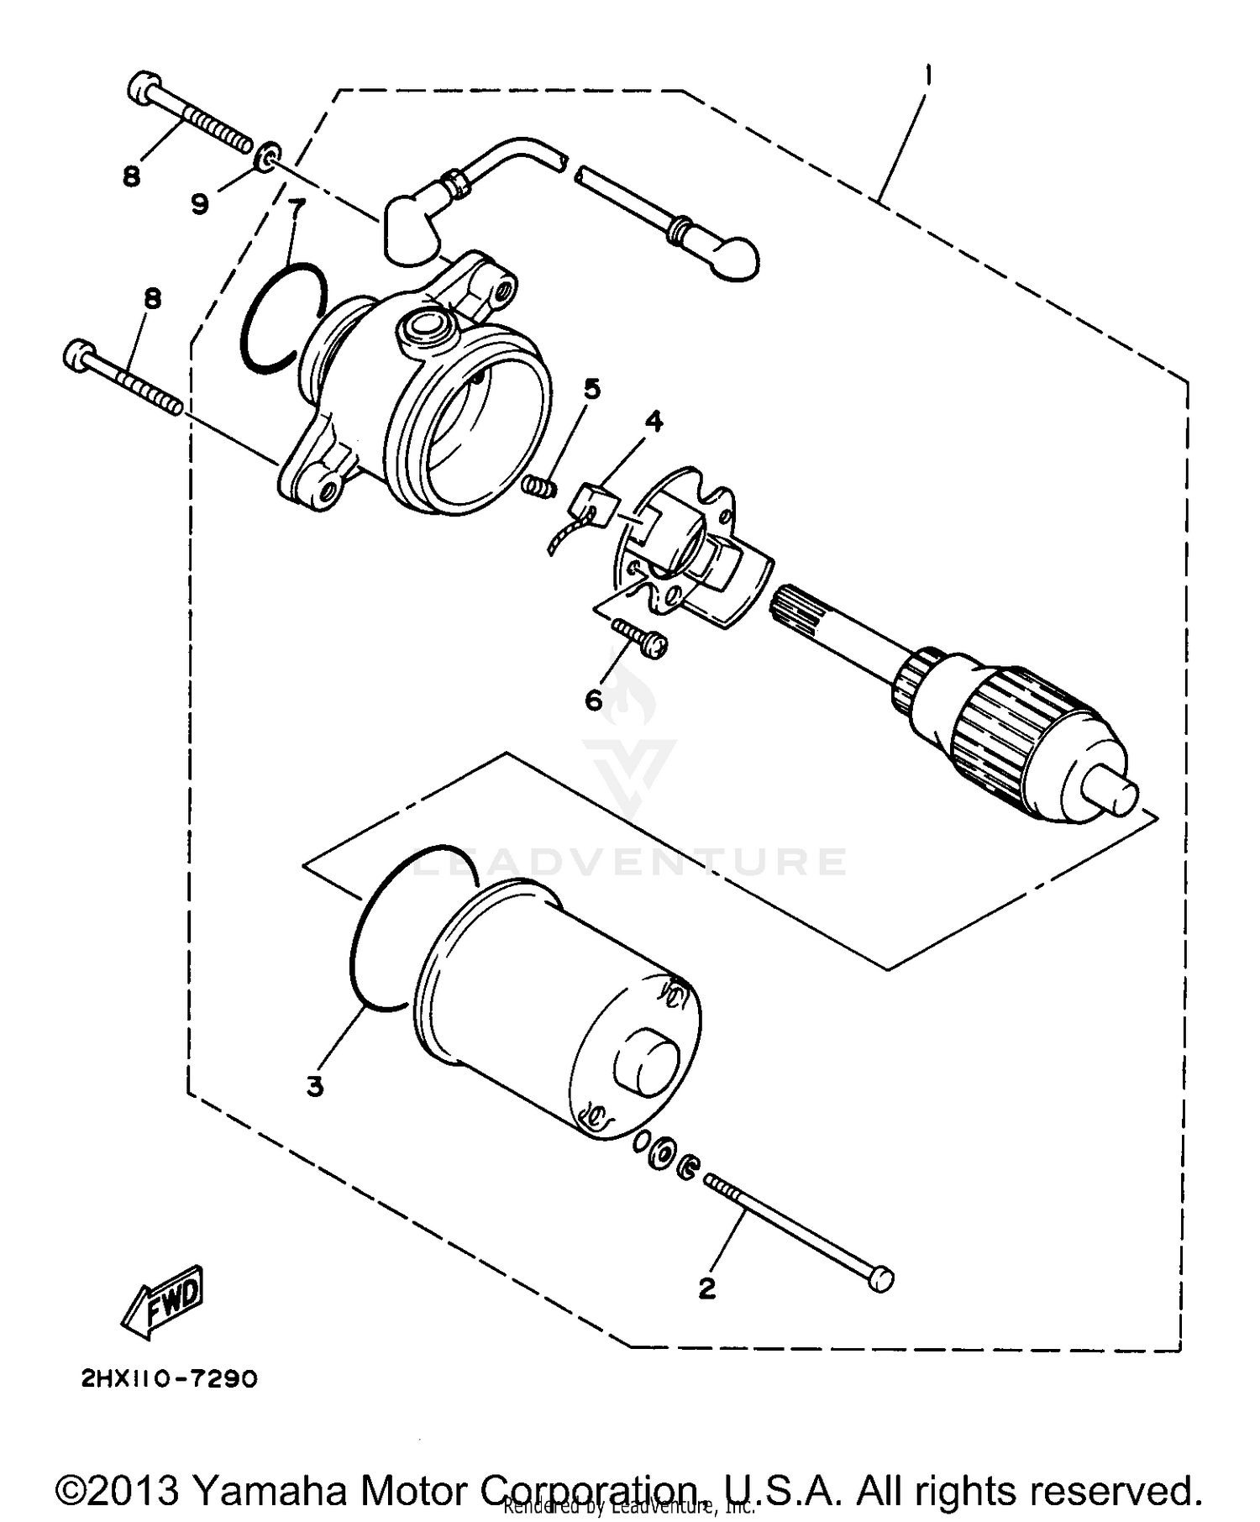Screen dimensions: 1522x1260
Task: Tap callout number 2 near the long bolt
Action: click(x=707, y=1288)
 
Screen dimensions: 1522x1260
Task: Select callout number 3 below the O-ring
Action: click(x=314, y=1087)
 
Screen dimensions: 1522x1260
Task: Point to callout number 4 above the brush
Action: click(x=653, y=421)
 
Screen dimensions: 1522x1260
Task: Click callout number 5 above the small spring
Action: click(x=592, y=389)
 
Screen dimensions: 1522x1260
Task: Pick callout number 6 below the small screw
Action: click(x=594, y=699)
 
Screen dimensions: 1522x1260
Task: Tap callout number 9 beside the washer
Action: click(x=199, y=202)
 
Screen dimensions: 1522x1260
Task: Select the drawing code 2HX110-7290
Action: click(x=169, y=1379)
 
